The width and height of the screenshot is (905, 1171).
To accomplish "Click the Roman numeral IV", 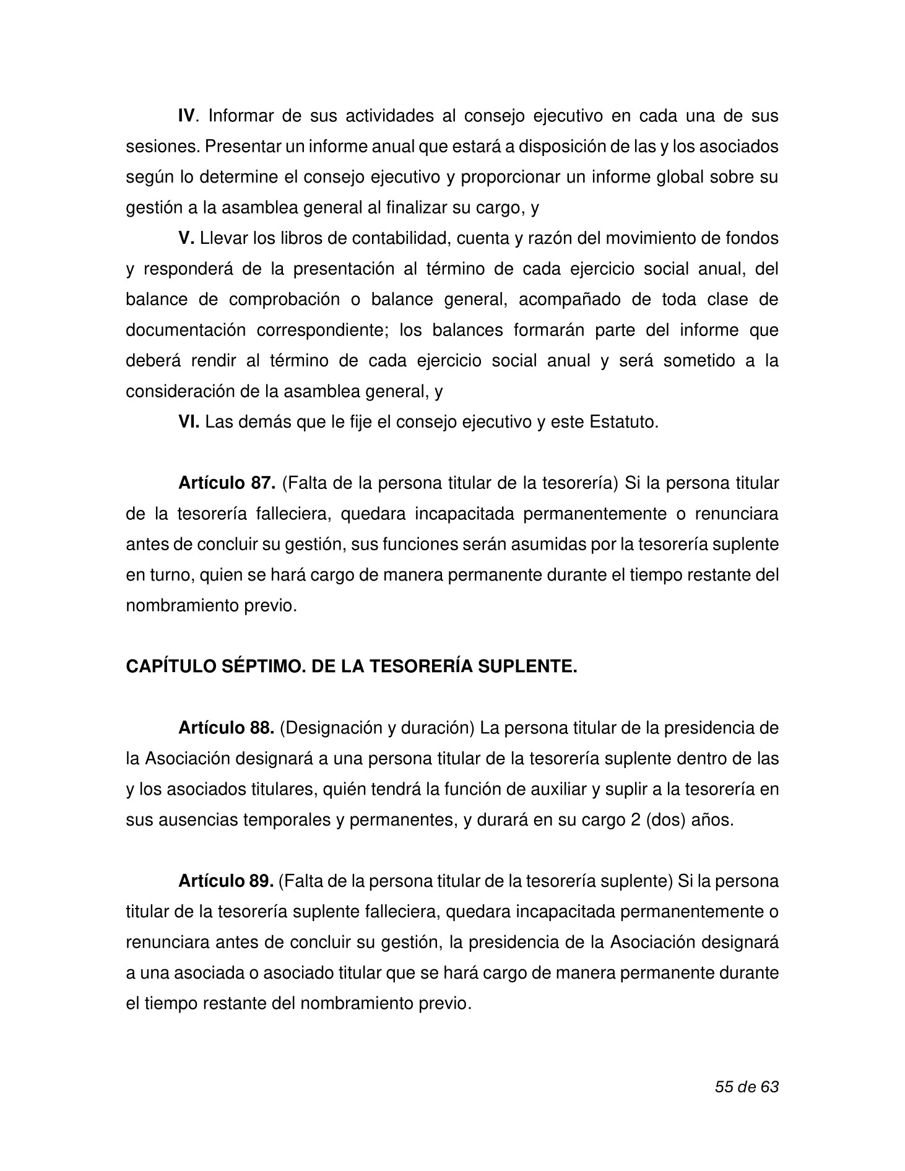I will click(187, 116).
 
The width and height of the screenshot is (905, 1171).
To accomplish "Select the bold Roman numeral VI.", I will click(188, 422).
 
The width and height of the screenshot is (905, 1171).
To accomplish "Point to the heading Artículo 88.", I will click(226, 728).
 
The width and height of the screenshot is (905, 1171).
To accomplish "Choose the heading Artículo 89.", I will click(226, 881).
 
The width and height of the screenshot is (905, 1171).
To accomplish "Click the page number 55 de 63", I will click(746, 1086).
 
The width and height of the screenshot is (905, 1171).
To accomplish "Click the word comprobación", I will click(282, 300).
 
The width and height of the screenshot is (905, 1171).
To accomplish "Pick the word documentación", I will click(186, 330).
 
